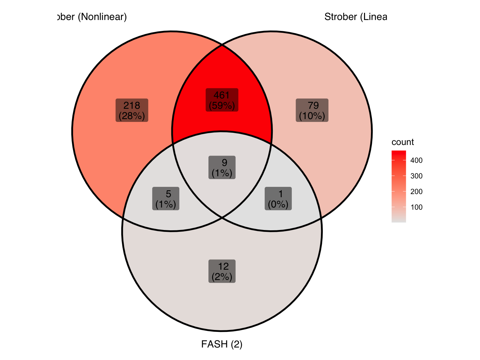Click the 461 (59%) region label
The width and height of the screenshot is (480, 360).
tap(222, 100)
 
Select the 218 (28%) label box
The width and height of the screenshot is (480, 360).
tap(132, 110)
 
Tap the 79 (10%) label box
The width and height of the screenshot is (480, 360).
tap(312, 110)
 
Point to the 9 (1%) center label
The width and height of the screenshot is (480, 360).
tap(222, 167)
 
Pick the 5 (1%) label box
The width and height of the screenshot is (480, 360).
tap(166, 199)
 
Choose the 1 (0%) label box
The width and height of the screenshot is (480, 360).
tap(278, 199)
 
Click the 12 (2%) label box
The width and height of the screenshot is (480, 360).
tap(222, 271)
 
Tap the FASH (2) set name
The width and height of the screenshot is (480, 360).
tap(222, 344)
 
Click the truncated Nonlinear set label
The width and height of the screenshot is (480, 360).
tap(91, 17)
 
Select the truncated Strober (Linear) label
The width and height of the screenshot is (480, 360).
tap(356, 17)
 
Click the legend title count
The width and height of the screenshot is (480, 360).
tap(402, 142)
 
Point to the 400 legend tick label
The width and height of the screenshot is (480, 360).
tap(416, 161)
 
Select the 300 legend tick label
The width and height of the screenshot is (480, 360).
tap(416, 176)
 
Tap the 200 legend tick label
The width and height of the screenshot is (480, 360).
tap(416, 192)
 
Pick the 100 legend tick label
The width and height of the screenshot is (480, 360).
tap(416, 207)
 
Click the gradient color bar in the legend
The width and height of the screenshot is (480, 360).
tap(398, 187)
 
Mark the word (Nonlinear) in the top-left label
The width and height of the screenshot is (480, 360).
tap(102, 17)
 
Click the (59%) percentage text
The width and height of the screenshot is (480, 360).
tap(222, 106)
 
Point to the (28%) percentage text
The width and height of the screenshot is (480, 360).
tap(132, 116)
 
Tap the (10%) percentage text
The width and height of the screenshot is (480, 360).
tap(312, 116)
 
